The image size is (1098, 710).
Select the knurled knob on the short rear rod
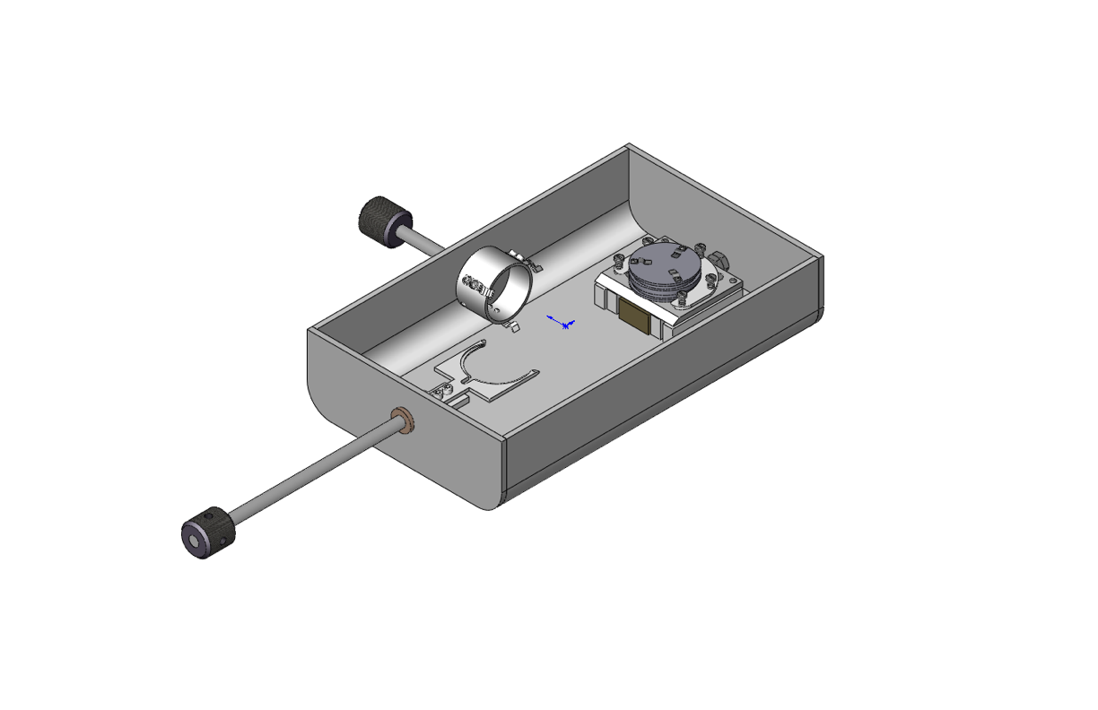coord(384,221)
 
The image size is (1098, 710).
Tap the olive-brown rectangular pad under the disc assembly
coord(636,316)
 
